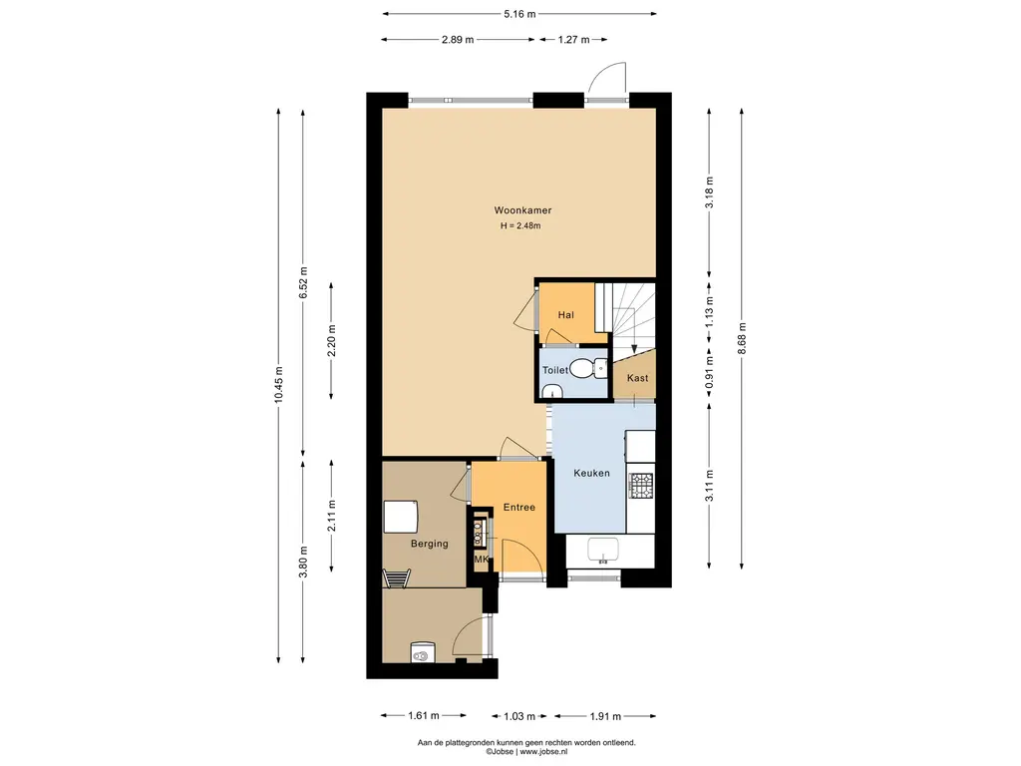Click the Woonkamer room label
pyautogui.click(x=522, y=210)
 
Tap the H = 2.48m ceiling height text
pyautogui.click(x=520, y=226)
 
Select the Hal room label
pyautogui.click(x=566, y=315)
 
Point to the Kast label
pyautogui.click(x=637, y=378)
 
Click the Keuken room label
pyautogui.click(x=591, y=473)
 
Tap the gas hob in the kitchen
pyautogui.click(x=640, y=484)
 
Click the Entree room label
pyautogui.click(x=518, y=508)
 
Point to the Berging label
pyautogui.click(x=429, y=544)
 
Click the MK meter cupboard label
pyautogui.click(x=482, y=559)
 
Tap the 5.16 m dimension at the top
pyautogui.click(x=519, y=14)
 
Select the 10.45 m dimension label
pyautogui.click(x=279, y=385)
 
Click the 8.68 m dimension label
pyautogui.click(x=742, y=339)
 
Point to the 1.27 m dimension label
pyautogui.click(x=573, y=40)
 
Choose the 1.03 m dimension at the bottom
pyautogui.click(x=519, y=716)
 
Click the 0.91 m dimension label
pyautogui.click(x=709, y=371)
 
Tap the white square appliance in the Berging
pyautogui.click(x=401, y=517)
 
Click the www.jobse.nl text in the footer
pyautogui.click(x=543, y=751)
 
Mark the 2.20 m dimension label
pyautogui.click(x=331, y=341)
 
